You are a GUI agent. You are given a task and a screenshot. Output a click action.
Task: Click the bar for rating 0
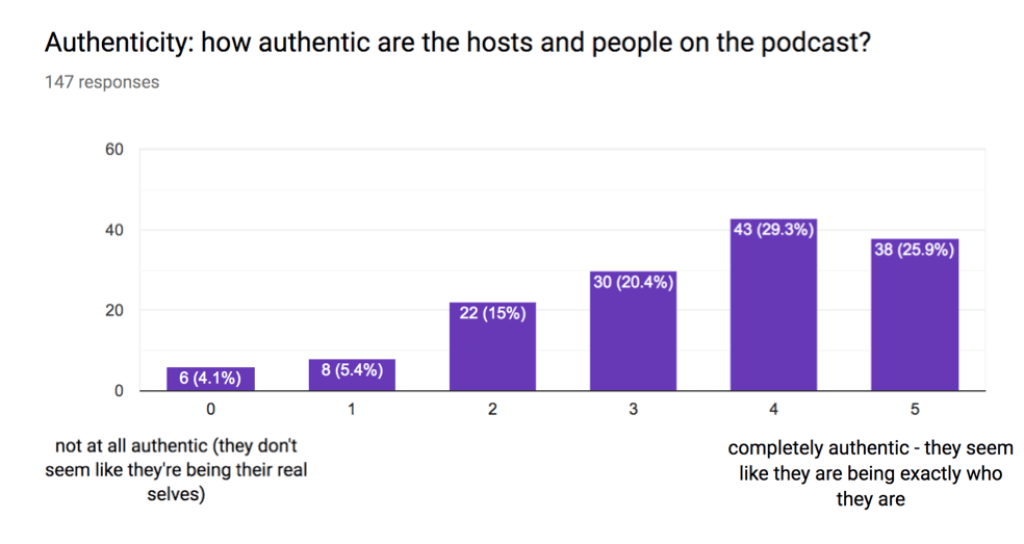click(x=211, y=379)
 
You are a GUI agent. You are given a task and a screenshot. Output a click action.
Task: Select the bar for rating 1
click(x=352, y=375)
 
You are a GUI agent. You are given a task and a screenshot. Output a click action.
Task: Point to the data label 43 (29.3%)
click(x=774, y=230)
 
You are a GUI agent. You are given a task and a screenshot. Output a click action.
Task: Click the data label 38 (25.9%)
click(x=915, y=250)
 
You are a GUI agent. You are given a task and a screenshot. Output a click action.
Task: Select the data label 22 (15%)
click(x=493, y=314)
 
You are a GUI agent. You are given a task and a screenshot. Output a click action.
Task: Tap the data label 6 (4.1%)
click(x=211, y=379)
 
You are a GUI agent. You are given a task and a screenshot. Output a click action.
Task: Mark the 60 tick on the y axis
click(x=114, y=150)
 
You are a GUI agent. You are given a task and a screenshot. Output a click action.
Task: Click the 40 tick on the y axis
click(x=114, y=230)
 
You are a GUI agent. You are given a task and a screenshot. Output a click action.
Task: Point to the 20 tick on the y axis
click(x=114, y=310)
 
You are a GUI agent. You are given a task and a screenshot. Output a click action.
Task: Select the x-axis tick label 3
click(x=633, y=409)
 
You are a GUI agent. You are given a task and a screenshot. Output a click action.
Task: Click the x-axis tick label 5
click(x=915, y=409)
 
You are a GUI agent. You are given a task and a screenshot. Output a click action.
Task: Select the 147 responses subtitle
click(x=102, y=82)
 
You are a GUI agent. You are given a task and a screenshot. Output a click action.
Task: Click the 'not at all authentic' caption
click(x=176, y=470)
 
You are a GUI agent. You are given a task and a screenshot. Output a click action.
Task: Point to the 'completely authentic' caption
click(x=870, y=473)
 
